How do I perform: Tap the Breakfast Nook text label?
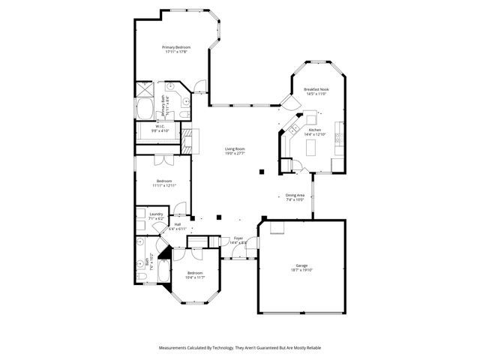coord(316,91)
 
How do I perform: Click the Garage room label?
coord(301,268)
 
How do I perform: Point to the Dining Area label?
coord(295,197)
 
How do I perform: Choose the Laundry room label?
coord(156,216)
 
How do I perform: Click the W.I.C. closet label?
coord(160,128)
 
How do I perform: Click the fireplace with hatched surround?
coord(187,139)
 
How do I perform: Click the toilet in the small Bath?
coord(141,277)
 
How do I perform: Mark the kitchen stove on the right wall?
coord(338,137)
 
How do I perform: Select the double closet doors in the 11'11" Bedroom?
coord(162,160)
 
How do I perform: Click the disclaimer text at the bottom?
coord(240,348)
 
